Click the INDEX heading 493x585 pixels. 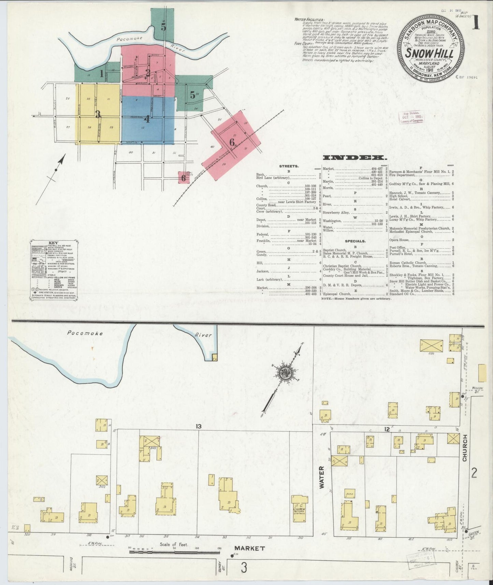point(355,158)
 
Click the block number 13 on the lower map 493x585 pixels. point(199,426)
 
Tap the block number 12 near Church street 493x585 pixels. point(387,429)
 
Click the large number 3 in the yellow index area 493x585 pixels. point(98,114)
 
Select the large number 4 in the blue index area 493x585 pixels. point(147,119)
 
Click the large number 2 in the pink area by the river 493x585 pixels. point(148,72)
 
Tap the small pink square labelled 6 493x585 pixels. point(184,177)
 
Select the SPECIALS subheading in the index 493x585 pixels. point(355,241)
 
